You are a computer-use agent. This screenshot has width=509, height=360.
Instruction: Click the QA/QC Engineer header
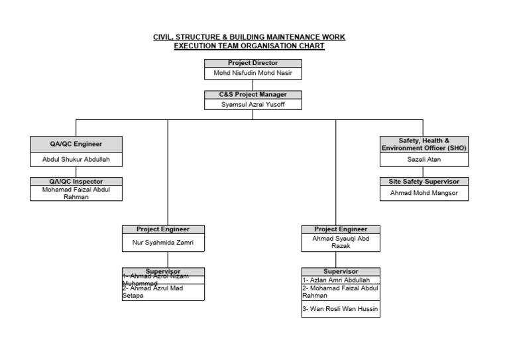[x=76, y=144]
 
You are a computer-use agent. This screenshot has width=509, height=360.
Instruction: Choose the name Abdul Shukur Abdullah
[x=76, y=160]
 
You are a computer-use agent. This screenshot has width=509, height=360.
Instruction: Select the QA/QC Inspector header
[x=76, y=181]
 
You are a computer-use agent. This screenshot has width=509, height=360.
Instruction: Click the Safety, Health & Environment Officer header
[x=424, y=145]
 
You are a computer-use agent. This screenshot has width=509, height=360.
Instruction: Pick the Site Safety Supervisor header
[x=424, y=181]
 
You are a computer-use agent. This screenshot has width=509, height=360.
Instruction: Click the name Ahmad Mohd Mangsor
[x=424, y=194]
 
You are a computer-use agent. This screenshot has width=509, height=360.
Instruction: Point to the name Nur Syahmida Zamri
[x=163, y=243]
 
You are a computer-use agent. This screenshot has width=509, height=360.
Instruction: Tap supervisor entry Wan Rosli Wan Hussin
[x=337, y=310]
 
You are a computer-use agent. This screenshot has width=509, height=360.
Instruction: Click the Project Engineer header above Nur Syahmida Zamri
[x=163, y=229]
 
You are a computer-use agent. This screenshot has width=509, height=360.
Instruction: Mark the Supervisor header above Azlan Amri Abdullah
[x=341, y=272]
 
